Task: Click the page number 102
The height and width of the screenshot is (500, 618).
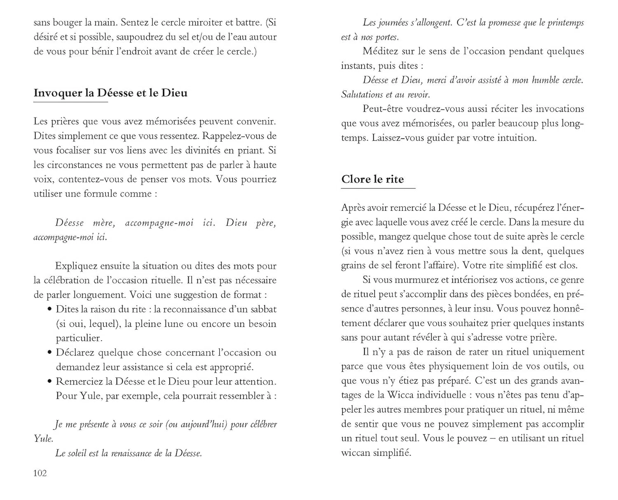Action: (40, 473)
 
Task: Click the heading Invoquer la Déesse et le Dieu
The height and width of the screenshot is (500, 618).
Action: (110, 93)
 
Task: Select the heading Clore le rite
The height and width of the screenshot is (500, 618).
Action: (372, 179)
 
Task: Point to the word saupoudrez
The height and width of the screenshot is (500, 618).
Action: (140, 37)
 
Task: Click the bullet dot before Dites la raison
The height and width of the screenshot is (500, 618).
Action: (50, 309)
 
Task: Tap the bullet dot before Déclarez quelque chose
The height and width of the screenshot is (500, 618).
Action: (50, 353)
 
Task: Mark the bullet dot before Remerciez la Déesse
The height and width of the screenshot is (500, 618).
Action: (50, 381)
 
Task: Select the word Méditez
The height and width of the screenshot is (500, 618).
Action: (381, 51)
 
